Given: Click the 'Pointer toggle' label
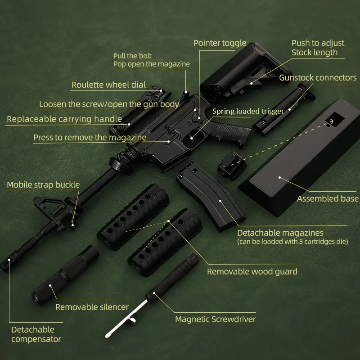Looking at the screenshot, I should coord(220,43).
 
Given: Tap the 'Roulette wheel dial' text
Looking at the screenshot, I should coord(108,85).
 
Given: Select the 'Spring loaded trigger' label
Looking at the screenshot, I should coord(248,111).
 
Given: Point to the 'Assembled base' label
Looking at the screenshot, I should coord(328,198).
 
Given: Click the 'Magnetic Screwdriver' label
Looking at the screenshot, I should coord(215,319).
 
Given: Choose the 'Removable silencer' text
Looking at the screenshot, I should coord(92,307).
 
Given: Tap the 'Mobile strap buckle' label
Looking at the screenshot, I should coord(43,184).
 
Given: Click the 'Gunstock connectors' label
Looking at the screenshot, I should coord(318,78).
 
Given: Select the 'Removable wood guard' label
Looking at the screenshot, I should coord(252,271).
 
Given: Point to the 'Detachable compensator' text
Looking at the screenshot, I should coord(36,334).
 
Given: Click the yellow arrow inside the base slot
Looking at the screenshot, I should coord(331,121).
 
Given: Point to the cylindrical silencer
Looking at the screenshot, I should coord(65,274).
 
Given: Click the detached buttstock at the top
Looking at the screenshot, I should coord(238,72).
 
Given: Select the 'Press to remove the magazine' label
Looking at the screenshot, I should coord(90,137).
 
